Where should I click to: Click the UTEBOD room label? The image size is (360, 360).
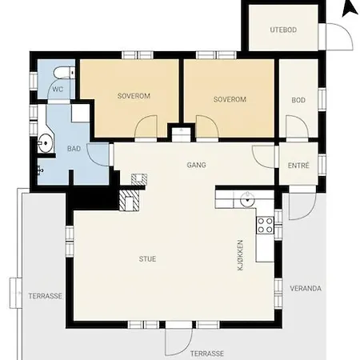tap(283, 30)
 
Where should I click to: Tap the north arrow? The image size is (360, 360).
tap(350, 8)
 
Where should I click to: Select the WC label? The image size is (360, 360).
tap(58, 89)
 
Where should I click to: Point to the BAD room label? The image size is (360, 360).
tap(74, 149)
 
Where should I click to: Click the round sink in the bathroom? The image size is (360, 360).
tap(45, 143)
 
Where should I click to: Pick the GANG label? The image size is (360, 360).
tap(196, 165)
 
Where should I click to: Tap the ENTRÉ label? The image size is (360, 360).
tap(298, 166)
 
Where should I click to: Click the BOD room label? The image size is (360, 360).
tap(298, 100)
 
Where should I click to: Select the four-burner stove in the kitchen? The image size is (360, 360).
tap(265, 226)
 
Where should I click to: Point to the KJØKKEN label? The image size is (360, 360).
tap(240, 255)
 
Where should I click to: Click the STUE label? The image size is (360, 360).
tap(147, 259)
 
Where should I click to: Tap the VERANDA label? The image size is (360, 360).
tap(306, 288)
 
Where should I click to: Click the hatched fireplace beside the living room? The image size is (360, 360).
tap(129, 200)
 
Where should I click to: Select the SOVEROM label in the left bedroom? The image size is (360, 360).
tap(134, 96)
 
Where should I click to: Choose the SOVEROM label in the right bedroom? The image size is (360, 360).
tap(230, 99)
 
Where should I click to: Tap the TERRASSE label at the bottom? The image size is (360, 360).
tap(207, 354)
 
